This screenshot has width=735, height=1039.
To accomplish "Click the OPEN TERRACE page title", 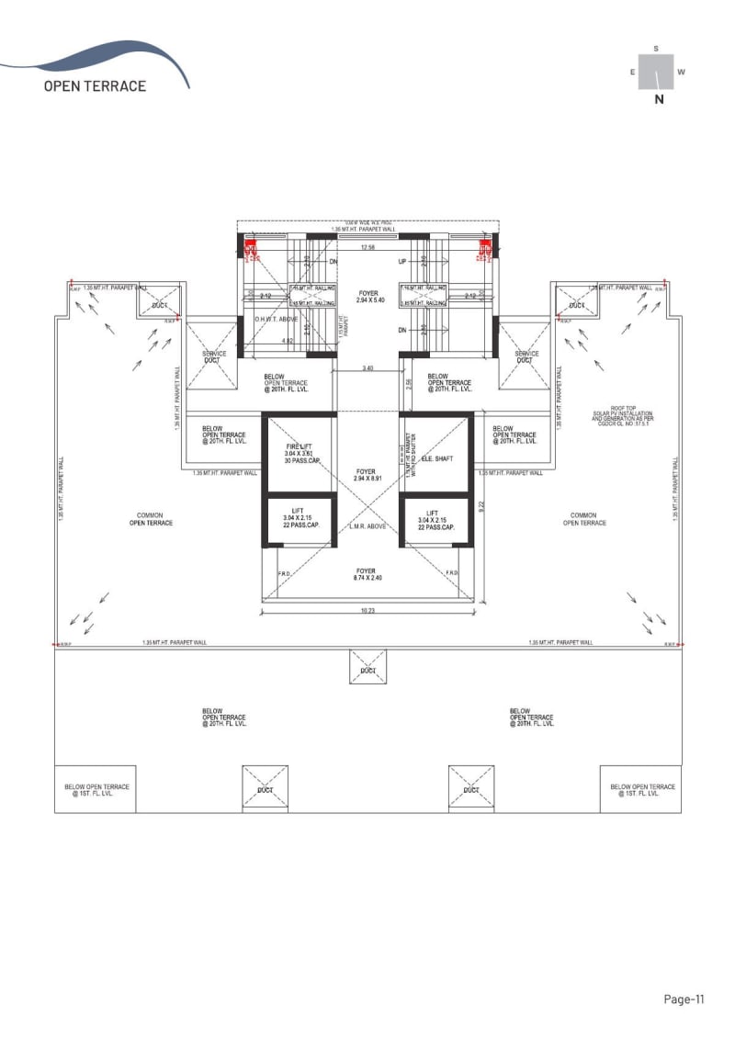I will click(x=95, y=85).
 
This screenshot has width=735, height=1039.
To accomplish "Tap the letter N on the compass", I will click(x=659, y=101).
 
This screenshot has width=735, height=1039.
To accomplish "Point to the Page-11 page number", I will click(x=684, y=999).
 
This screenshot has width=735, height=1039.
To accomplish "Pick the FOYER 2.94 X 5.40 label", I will click(x=367, y=297).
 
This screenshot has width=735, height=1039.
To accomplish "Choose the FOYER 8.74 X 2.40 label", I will click(x=367, y=573).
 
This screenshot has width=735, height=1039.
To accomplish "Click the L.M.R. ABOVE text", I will click(x=367, y=526).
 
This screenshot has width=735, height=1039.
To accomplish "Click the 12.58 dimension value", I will click(x=367, y=247).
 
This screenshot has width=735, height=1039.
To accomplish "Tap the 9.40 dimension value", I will click(x=367, y=368).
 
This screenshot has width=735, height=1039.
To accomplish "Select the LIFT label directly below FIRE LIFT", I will click(x=300, y=519).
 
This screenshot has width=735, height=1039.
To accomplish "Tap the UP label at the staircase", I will click(x=402, y=262).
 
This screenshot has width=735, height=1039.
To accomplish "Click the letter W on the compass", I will click(x=681, y=72).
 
